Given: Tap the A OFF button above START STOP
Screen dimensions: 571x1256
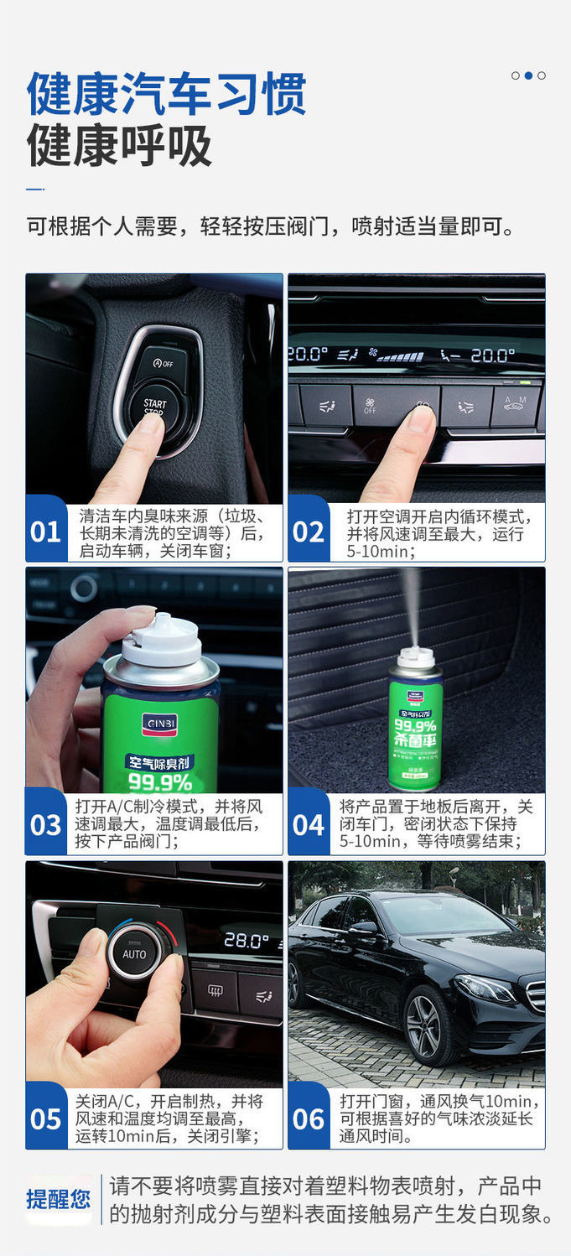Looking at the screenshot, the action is (x=164, y=363).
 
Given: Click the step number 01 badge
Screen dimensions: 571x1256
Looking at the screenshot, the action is (x=46, y=529).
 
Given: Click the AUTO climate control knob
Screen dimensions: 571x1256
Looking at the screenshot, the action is (x=135, y=954).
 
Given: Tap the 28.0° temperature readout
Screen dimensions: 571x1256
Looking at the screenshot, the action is (x=246, y=940).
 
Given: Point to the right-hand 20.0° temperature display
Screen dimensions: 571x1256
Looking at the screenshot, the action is (x=492, y=355).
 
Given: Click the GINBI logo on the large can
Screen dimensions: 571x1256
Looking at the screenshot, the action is (x=159, y=724).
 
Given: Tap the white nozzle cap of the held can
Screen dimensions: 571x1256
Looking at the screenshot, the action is (x=162, y=641).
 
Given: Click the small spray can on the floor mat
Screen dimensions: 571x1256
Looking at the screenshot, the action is (x=416, y=719).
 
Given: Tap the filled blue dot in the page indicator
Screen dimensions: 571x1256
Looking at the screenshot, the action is (x=528, y=75).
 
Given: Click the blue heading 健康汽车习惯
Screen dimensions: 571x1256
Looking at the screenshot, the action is (x=167, y=94).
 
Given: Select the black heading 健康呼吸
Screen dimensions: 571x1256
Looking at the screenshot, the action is (x=119, y=145).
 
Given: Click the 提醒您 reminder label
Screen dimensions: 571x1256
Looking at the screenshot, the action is (x=59, y=1199).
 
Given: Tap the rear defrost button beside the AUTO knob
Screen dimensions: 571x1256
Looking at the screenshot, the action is (x=215, y=990).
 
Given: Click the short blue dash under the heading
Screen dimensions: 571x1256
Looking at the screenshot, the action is (x=34, y=189).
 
